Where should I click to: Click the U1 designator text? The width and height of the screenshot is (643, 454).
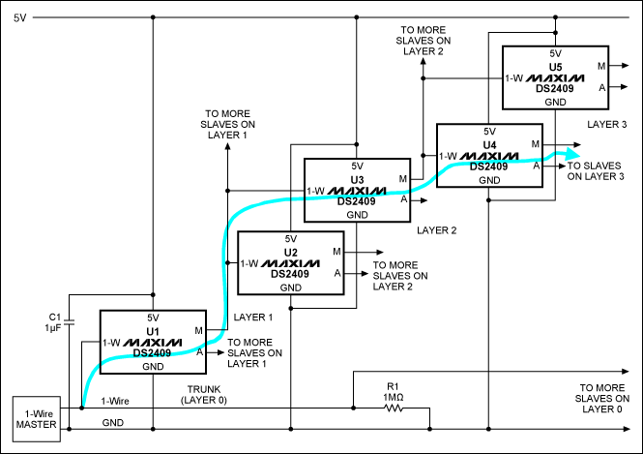[151, 330]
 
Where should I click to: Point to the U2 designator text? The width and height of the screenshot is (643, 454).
[290, 251]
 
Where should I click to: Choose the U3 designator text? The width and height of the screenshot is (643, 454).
[357, 178]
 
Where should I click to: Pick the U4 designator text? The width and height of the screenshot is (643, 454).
[489, 143]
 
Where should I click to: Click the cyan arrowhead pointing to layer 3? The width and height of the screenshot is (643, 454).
[572, 154]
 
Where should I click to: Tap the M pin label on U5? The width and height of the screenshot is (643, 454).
[601, 66]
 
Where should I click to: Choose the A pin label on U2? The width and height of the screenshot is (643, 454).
[337, 274]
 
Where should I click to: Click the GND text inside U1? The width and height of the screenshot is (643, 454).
[152, 367]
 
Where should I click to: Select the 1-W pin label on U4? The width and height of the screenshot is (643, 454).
[448, 155]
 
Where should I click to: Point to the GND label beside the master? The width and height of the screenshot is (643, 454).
[112, 422]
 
